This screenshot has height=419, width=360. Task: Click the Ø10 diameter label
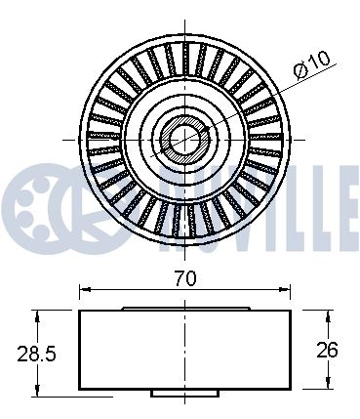click(x=312, y=65)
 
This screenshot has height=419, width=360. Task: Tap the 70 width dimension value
click(x=185, y=279)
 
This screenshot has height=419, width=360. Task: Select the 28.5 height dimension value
click(x=36, y=354)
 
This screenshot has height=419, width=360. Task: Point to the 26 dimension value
click(x=328, y=350)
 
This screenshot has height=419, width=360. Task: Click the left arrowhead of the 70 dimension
click(x=85, y=289)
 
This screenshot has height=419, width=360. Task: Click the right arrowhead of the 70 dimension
click(x=285, y=289)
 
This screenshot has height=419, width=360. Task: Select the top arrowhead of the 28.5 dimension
click(x=38, y=314)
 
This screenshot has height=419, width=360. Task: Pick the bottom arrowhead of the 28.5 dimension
click(x=38, y=391)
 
